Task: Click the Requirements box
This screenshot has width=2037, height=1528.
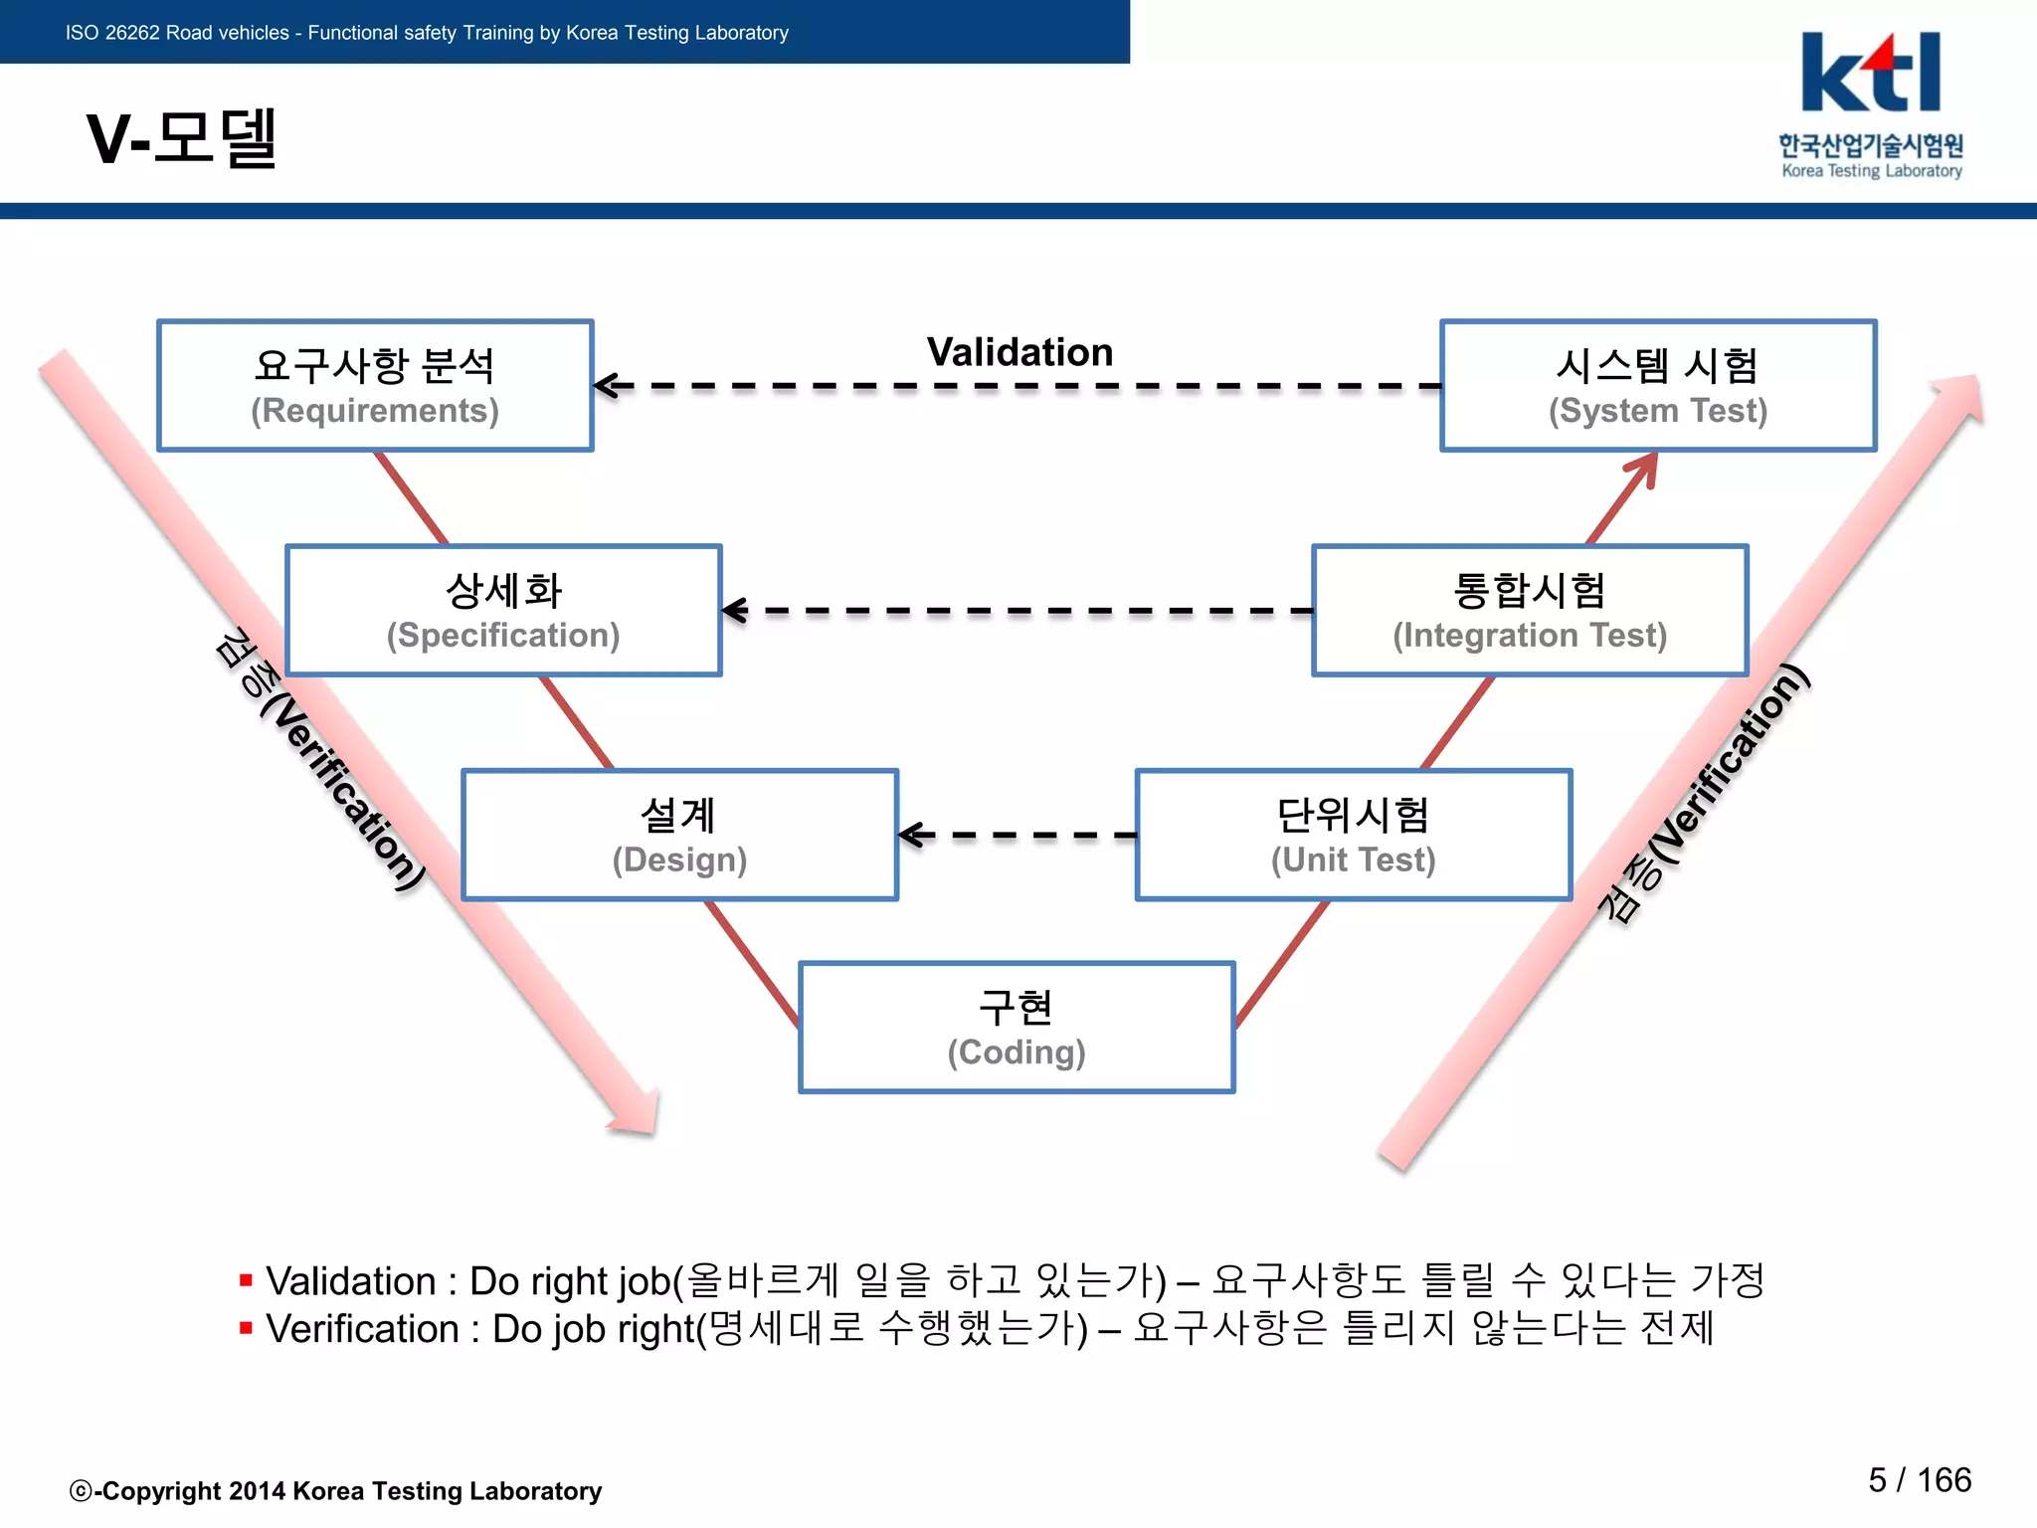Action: (x=375, y=386)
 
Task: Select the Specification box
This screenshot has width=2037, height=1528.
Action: (x=503, y=611)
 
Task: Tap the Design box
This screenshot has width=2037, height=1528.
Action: (x=679, y=836)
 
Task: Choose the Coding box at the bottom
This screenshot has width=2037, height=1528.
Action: (x=1017, y=1028)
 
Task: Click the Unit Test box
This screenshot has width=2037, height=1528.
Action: (x=1353, y=836)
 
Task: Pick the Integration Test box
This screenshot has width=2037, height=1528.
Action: (x=1530, y=611)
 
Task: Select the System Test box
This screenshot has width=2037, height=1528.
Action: (x=1658, y=386)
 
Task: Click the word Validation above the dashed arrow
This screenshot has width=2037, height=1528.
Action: (x=1019, y=352)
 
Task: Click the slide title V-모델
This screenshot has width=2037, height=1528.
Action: (x=181, y=138)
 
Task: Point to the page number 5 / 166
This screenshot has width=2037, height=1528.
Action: (x=1919, y=1480)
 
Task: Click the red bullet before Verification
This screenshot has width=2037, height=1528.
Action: (x=246, y=1327)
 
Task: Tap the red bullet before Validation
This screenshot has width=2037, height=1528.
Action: (x=246, y=1279)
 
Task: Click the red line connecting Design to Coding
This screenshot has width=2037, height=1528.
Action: (x=752, y=963)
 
